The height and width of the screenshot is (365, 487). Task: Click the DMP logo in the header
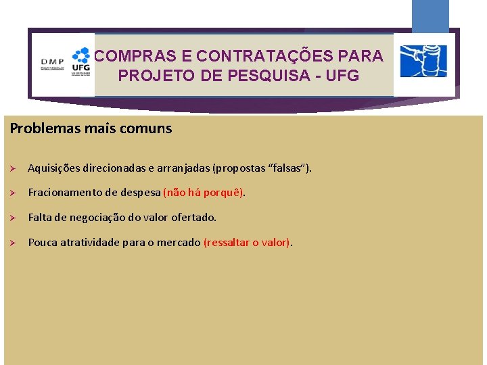click(52, 65)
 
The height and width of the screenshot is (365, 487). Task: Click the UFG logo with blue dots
click(80, 62)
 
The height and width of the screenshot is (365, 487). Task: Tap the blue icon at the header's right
click(423, 62)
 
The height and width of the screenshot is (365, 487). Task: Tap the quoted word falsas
click(285, 168)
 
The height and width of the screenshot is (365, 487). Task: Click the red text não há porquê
click(204, 193)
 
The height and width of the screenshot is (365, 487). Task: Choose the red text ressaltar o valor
click(247, 243)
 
